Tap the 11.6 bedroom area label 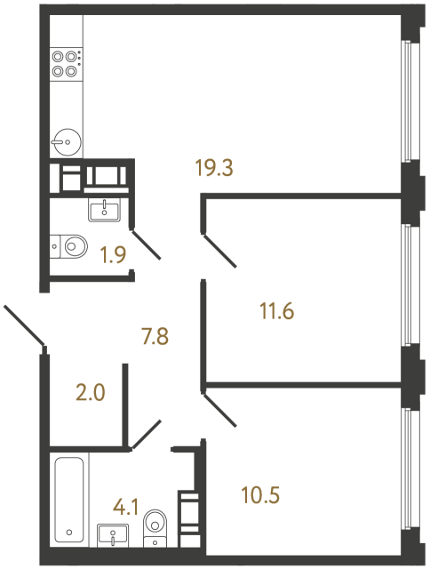[276, 312]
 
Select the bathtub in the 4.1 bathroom [69, 498]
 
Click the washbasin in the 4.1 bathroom [113, 535]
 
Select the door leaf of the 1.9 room [147, 244]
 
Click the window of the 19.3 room [407, 100]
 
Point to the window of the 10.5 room [407, 471]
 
